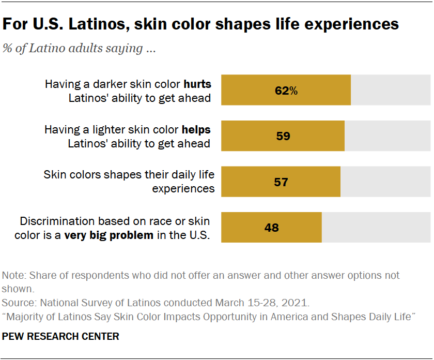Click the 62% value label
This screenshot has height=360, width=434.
point(286,91)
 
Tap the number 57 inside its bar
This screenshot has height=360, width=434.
point(281,182)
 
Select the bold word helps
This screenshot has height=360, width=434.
point(196,129)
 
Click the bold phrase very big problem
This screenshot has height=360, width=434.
point(109,235)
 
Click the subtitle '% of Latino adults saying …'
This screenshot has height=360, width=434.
point(80,49)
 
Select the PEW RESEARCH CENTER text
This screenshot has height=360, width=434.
point(61,337)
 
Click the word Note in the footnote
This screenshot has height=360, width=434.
point(13,275)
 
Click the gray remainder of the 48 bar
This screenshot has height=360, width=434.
point(376,227)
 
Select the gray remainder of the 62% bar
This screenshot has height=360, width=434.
point(390,91)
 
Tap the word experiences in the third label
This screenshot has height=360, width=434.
point(183,189)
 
